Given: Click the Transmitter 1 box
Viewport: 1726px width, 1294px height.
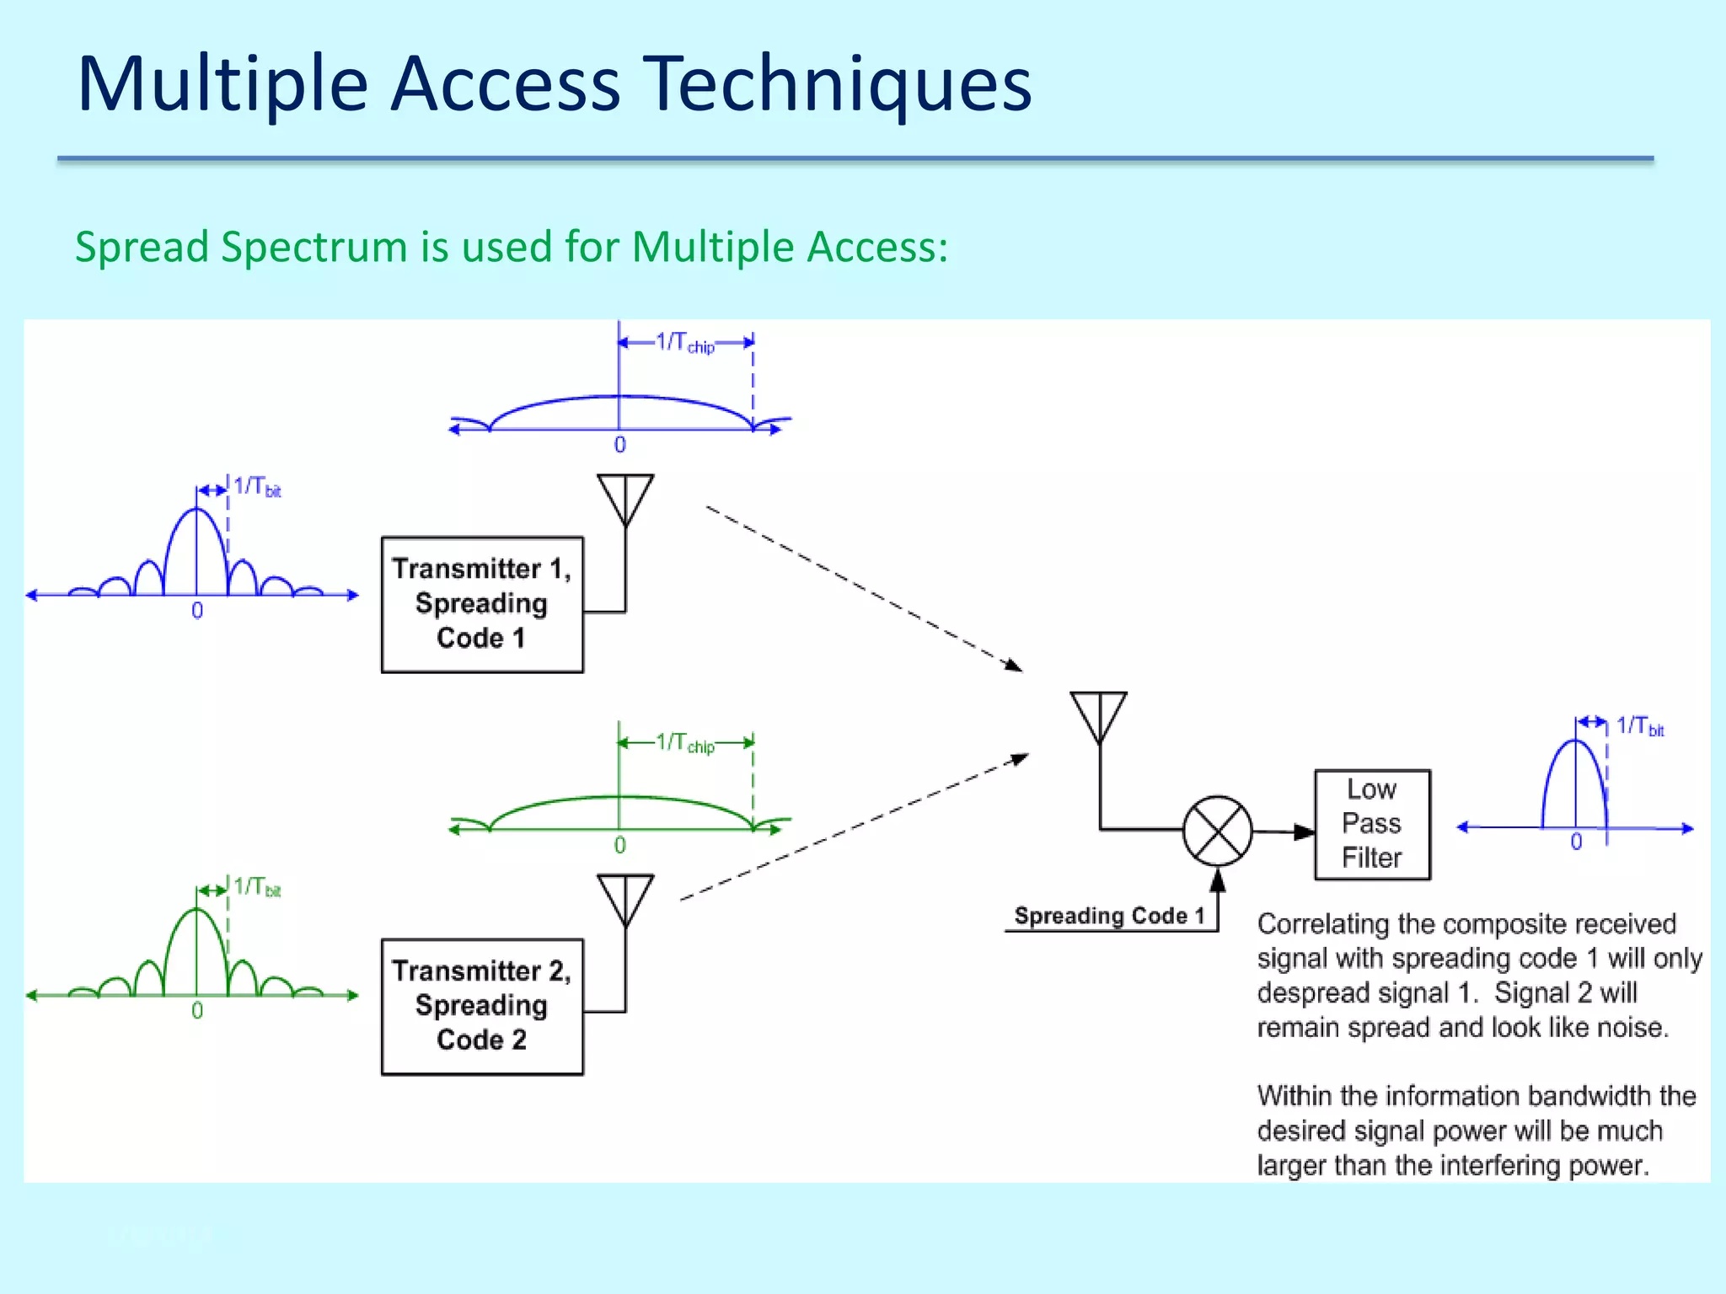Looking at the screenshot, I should coord(481,604).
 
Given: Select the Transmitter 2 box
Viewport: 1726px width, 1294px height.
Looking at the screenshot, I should coord(481,1006).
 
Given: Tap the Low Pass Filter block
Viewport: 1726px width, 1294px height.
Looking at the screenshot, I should coord(1371,824).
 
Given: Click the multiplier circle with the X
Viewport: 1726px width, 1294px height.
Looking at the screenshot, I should coord(1217,831).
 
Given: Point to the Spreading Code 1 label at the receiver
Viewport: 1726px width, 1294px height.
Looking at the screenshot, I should coord(1109,916).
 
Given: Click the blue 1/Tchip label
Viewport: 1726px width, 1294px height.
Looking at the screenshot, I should coord(685,343).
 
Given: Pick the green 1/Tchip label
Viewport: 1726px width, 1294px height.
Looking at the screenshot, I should coord(685,744).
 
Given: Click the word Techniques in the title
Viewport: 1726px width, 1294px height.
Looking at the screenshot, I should coord(839,84).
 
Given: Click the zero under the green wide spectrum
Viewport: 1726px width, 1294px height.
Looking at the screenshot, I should coord(619,845).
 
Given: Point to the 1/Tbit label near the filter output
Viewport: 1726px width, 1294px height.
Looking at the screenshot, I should coord(1639,727).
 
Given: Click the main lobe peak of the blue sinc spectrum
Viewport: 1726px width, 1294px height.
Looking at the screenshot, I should coord(196,510).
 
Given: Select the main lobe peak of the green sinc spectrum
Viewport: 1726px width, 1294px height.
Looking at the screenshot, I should coord(196,910).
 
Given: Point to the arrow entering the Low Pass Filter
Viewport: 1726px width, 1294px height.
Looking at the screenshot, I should coord(1302,831).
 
